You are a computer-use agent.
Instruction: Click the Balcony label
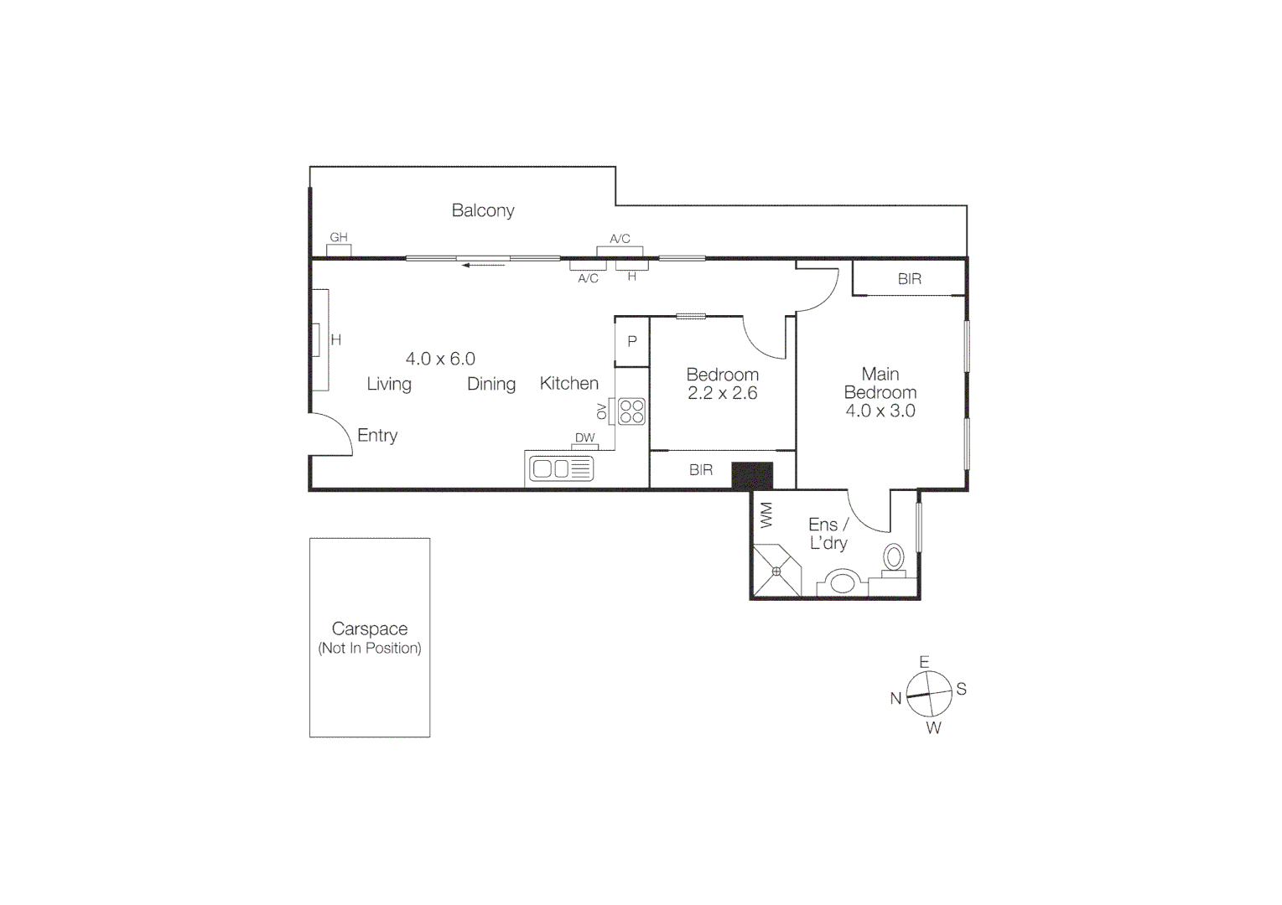point(483,210)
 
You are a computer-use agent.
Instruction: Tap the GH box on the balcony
point(339,249)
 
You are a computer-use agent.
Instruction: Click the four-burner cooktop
point(631,411)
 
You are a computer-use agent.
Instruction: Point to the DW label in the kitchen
point(584,438)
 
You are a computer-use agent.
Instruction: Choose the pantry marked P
point(632,342)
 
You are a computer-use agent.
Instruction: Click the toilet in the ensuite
point(894,557)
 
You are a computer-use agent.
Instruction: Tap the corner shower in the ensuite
point(776,571)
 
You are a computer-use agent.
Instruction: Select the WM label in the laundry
point(766,515)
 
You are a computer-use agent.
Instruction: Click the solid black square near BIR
point(752,475)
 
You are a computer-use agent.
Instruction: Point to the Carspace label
point(370,628)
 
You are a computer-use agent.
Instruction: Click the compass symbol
point(929,695)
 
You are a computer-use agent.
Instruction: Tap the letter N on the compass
point(895,699)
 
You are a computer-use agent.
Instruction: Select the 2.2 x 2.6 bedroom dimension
point(722,393)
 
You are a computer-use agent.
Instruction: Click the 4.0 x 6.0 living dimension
point(440,359)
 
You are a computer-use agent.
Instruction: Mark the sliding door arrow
point(483,265)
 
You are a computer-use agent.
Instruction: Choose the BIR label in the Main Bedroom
point(909,279)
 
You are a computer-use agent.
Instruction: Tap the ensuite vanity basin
point(843,582)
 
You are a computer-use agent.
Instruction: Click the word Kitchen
point(569,384)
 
